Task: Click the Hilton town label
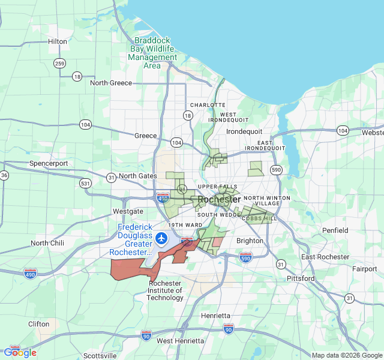tap(58, 41)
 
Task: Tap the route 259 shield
tap(59, 64)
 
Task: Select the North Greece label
tap(111, 83)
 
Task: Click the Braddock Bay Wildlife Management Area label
tap(152, 53)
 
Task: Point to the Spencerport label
tap(49, 163)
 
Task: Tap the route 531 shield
tap(85, 183)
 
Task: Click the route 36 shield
tap(4, 175)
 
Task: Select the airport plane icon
tap(161, 238)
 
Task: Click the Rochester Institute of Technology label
tap(165, 290)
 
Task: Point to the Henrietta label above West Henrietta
tap(215, 316)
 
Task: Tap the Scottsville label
tap(100, 356)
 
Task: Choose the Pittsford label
tap(301, 278)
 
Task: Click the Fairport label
tap(365, 269)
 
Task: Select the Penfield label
tap(335, 230)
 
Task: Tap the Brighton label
tap(250, 241)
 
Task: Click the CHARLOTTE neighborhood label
tap(208, 105)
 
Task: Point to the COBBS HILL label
tap(260, 219)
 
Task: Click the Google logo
tap(20, 353)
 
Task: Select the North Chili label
tap(47, 243)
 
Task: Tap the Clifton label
tap(39, 324)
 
